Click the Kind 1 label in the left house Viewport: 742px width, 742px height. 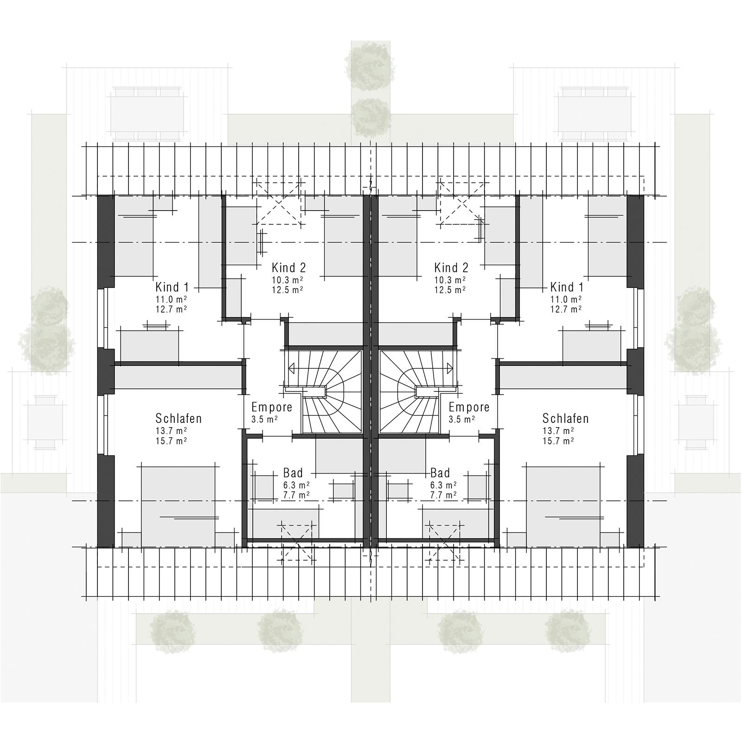pos(172,287)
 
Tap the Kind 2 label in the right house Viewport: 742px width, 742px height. pos(451,268)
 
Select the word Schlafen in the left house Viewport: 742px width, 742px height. pos(179,418)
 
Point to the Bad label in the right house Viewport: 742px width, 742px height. pos(440,473)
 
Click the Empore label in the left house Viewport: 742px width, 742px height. pos(272,407)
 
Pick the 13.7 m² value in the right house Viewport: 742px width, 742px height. pos(558,430)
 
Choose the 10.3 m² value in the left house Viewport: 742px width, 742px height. pos(288,280)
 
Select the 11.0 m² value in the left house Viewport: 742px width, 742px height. pos(171,299)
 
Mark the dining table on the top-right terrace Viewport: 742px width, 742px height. pos(594,114)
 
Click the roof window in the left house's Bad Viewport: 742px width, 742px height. pos(297,540)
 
